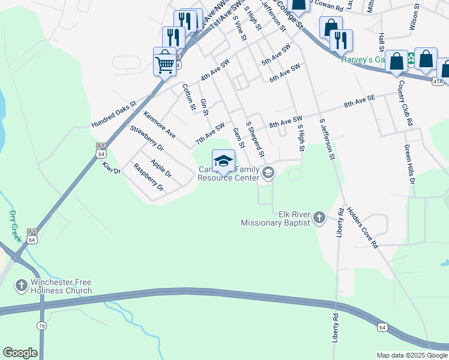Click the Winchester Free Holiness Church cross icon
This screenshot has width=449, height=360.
[21, 284]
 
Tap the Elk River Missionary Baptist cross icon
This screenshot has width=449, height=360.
[319, 217]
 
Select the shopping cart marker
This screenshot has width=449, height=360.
[165, 62]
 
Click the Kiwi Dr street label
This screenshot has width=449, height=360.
[112, 167]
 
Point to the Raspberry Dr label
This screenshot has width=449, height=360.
[148, 177]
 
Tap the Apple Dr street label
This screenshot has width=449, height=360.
[161, 169]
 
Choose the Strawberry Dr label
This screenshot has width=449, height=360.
[147, 137]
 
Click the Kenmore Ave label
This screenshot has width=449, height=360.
[160, 124]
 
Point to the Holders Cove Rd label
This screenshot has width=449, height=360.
[363, 227]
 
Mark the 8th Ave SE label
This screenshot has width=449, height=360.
[359, 100]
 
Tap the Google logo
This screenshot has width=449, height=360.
[20, 353]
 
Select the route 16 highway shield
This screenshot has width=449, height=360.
[41, 325]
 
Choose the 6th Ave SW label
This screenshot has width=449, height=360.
[284, 74]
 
